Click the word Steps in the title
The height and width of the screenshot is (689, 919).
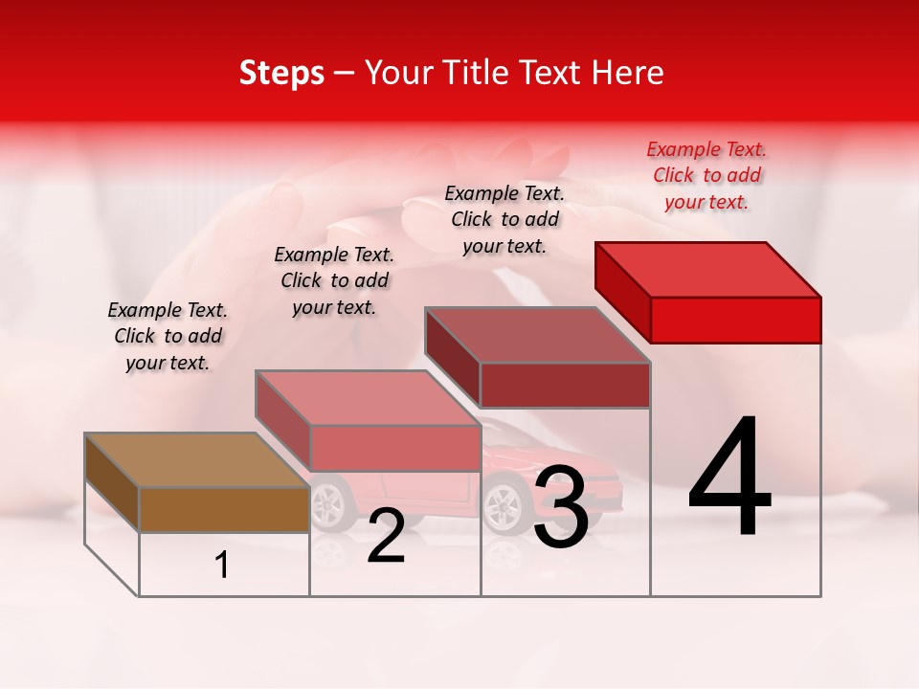coord(281,73)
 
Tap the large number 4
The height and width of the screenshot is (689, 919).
coord(729,478)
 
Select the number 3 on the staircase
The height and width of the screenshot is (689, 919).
coord(561,508)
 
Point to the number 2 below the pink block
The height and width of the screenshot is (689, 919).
coord(386,537)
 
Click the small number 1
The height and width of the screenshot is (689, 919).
coord(222,566)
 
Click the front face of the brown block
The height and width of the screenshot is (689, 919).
coord(224,509)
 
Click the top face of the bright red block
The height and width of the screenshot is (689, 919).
coord(708,270)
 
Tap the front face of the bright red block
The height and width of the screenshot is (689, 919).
coord(735,320)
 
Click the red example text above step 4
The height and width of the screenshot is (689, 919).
coord(706,175)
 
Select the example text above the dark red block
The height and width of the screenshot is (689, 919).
coord(504,219)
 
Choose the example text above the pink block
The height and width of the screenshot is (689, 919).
coord(334,280)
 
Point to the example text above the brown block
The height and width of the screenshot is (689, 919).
coord(168,336)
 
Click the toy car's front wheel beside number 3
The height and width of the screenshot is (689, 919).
coord(503,504)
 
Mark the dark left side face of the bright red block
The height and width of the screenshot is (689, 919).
coord(622,292)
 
